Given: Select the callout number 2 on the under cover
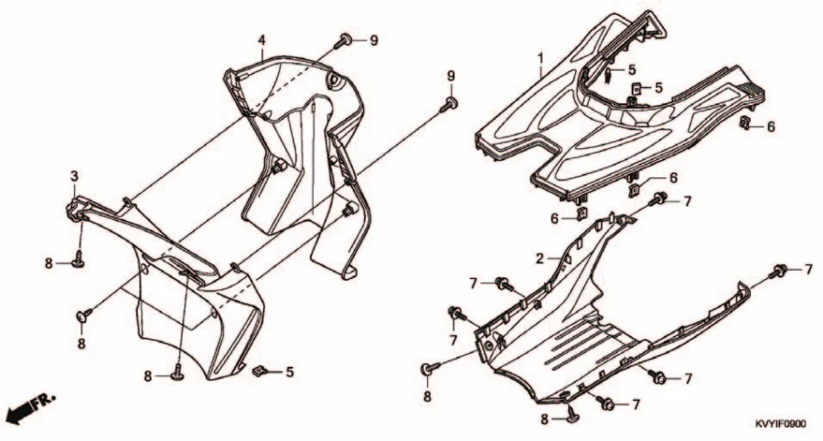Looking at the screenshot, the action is pos(540,258).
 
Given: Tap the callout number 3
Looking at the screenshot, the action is pos(75,176).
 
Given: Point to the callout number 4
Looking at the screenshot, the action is pos(262,39).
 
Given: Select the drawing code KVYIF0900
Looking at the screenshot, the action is pos(781,424).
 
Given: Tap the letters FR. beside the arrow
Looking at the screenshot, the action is pos(44,401).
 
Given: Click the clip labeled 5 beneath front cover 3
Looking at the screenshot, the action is pos(258,371).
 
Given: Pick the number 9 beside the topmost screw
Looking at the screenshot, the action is pos(374,40).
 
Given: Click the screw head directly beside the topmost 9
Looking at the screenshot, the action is pos(346,39).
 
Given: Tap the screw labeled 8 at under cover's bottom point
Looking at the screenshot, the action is pos(572,417).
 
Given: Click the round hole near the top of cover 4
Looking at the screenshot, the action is pos(333,81).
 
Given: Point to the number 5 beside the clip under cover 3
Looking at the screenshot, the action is pos(290,372).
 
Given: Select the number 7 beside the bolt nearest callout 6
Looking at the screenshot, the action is pos(687,201).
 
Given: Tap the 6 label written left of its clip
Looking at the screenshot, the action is pos(554,218).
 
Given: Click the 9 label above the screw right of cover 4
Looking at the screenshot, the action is pos(450,76).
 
